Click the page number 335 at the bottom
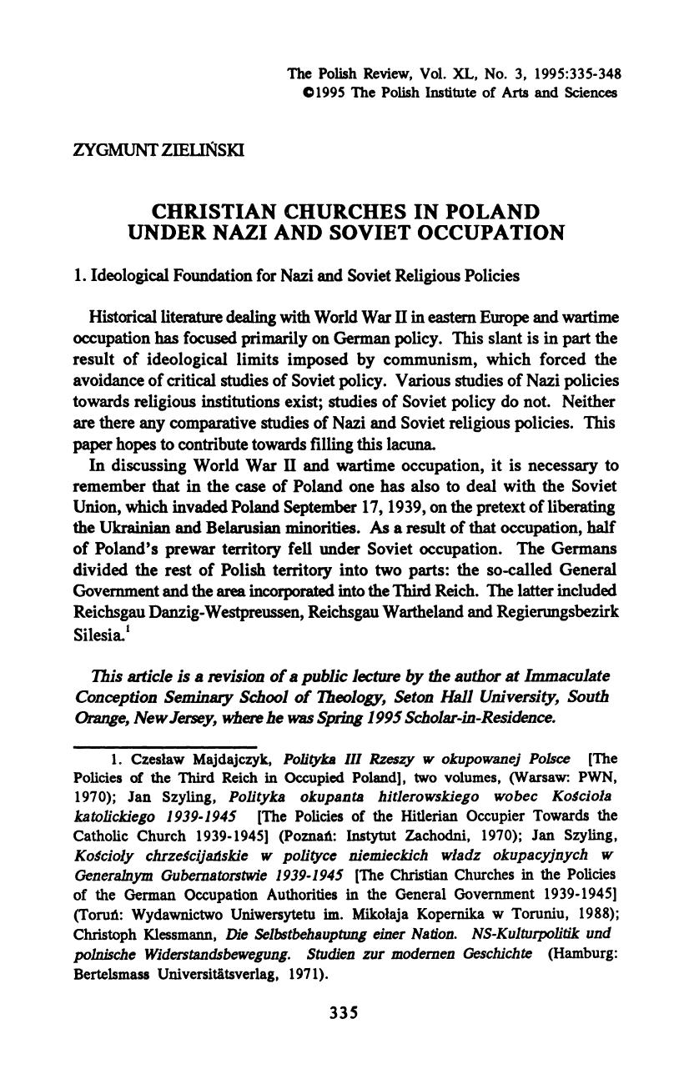(344, 1013)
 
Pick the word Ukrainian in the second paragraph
(138, 528)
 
